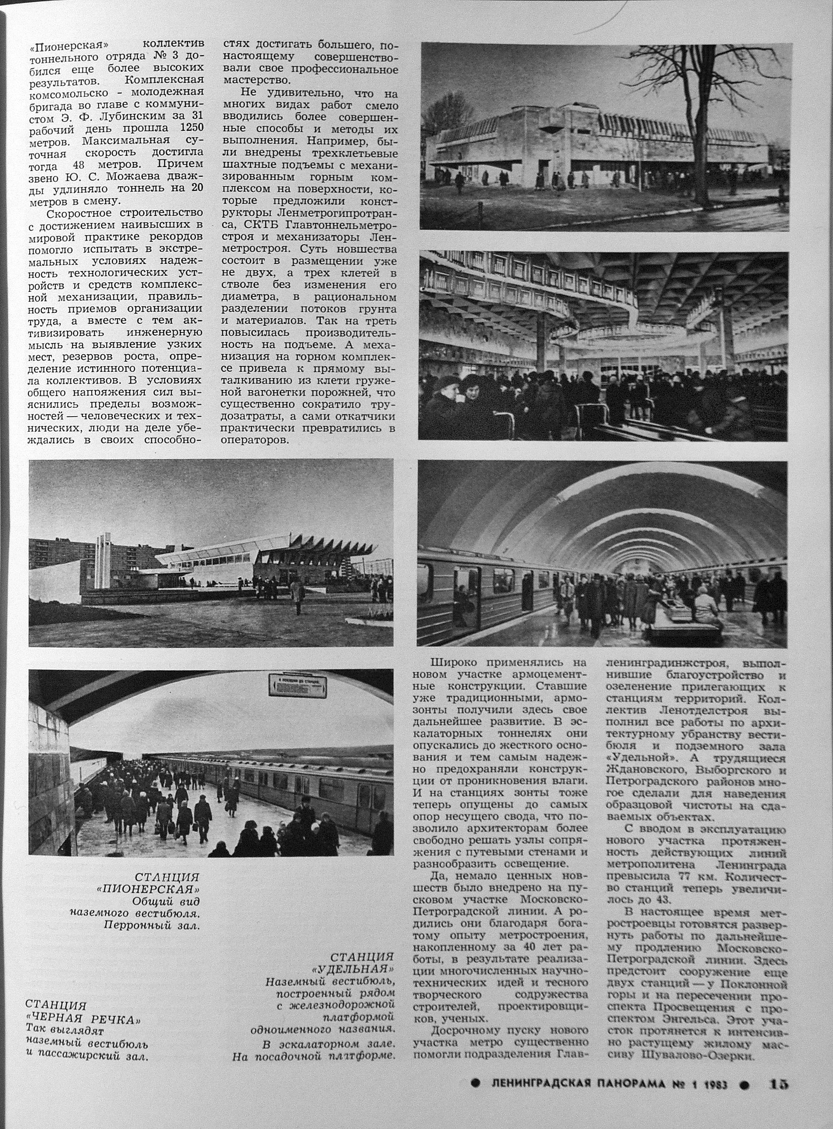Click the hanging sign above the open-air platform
point(297,687)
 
